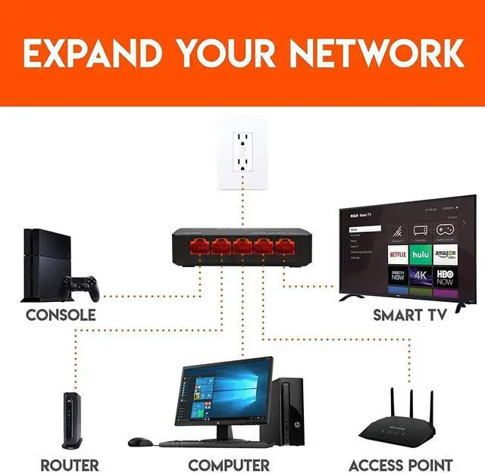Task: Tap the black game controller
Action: click(80, 287)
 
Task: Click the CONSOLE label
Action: click(61, 315)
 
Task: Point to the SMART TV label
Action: click(408, 315)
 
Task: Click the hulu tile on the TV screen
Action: click(421, 254)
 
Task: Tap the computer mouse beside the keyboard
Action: click(139, 441)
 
